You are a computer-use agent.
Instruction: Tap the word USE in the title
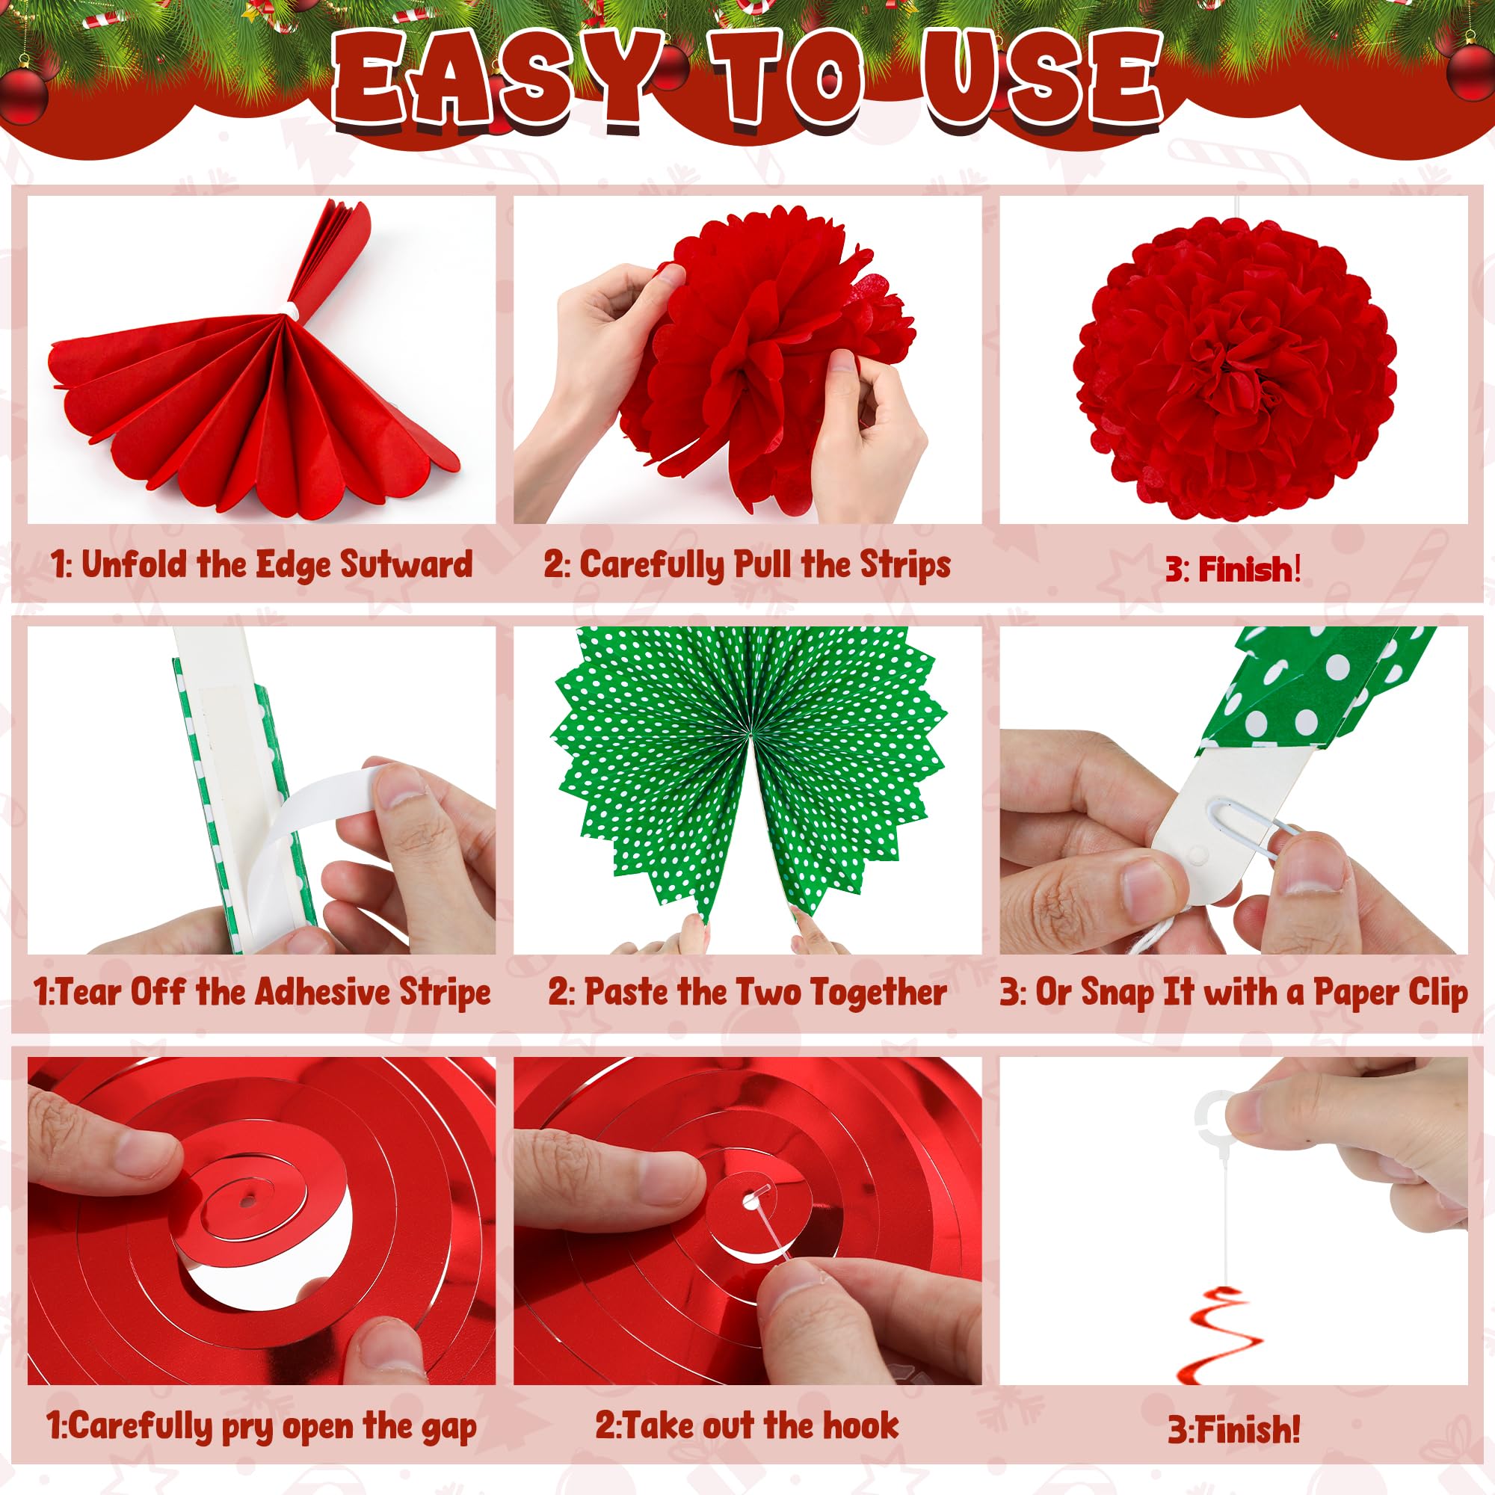tap(1041, 78)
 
